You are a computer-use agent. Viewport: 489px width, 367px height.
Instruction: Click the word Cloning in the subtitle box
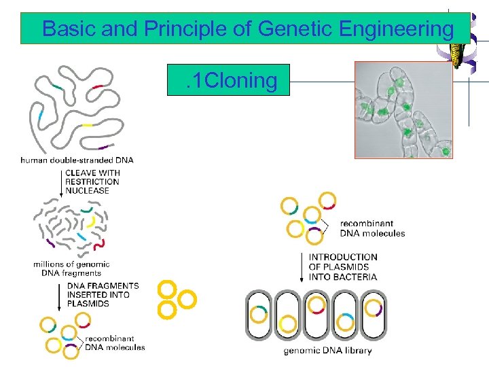point(240,81)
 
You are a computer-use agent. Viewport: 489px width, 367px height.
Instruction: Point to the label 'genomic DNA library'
point(327,351)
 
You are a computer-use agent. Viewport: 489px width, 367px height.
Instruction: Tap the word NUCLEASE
point(87,191)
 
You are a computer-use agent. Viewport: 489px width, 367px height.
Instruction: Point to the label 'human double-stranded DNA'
point(77,160)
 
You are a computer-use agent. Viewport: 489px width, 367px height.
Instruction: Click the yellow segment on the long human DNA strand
point(86,126)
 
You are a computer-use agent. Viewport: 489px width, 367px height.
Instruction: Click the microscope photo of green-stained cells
point(403,109)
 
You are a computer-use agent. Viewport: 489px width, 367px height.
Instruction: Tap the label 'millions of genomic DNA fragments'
point(71,268)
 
